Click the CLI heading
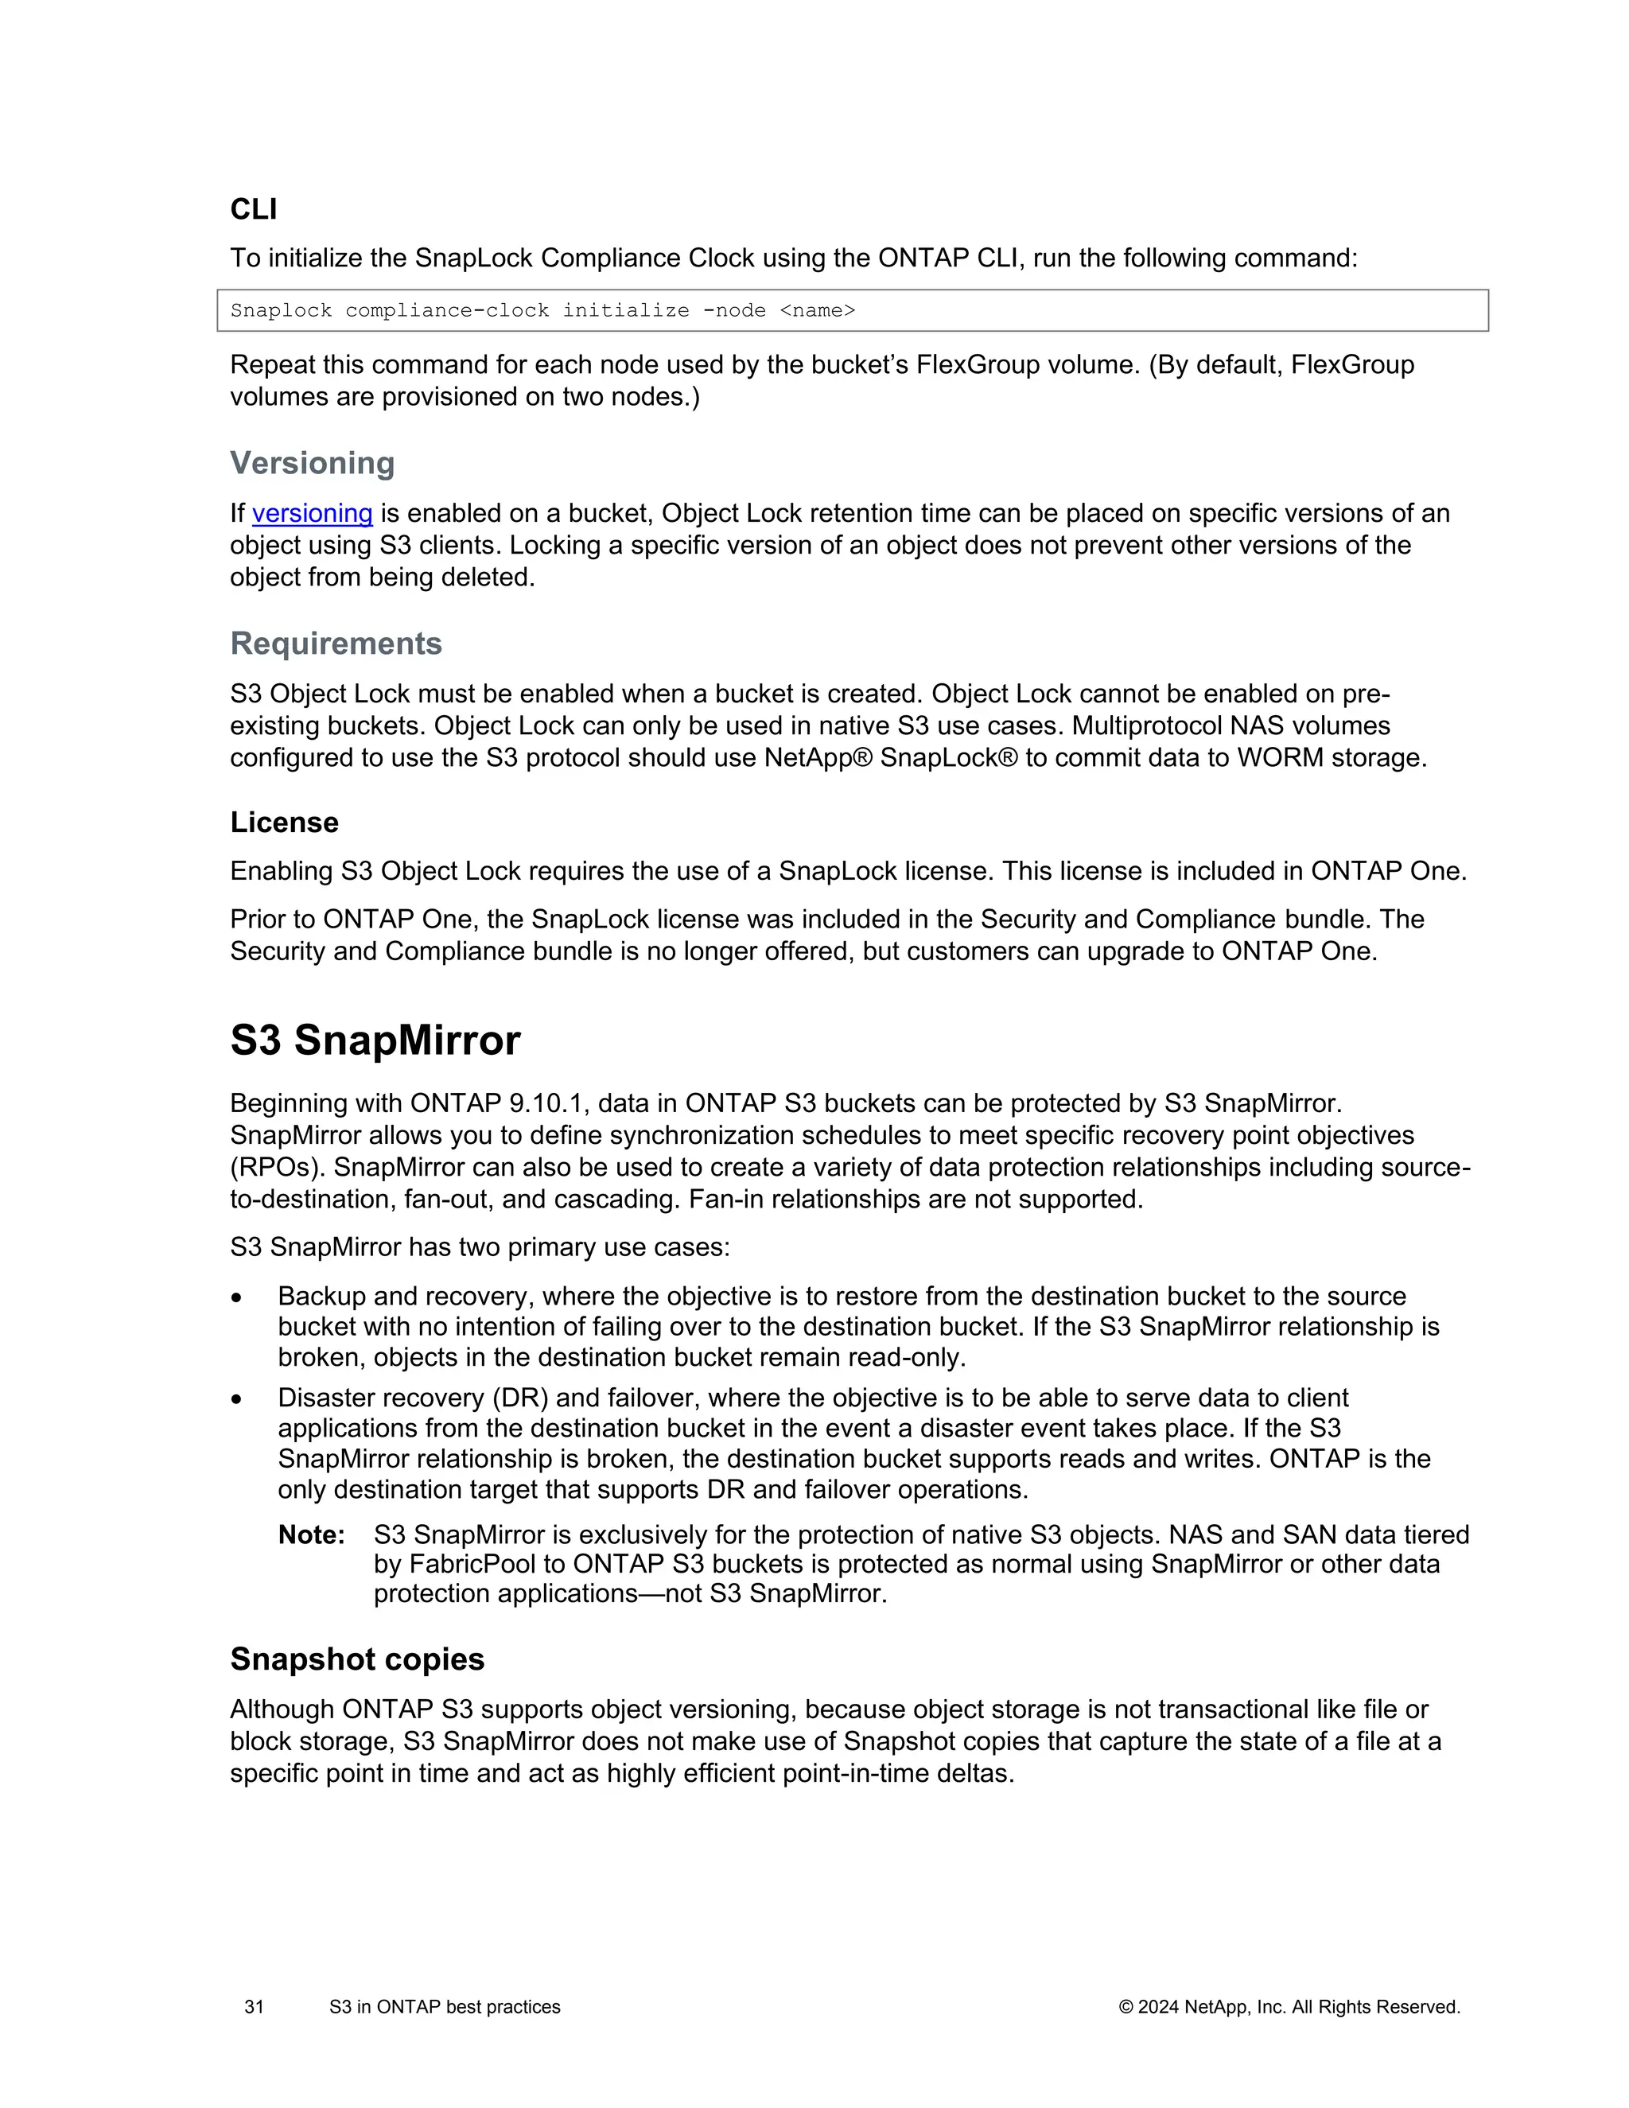click(x=253, y=209)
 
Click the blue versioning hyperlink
click(x=312, y=514)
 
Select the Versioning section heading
click(x=312, y=463)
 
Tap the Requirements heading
click(x=336, y=644)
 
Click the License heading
click(x=284, y=823)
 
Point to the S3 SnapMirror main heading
click(x=375, y=1040)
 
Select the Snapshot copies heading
click(x=357, y=1659)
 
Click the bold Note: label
click(x=311, y=1534)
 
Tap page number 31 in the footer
click(x=254, y=2007)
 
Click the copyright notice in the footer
click(x=1289, y=2007)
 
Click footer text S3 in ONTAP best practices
click(x=444, y=2007)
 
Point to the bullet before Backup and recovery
click(x=236, y=1298)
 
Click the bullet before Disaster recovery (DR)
click(x=236, y=1399)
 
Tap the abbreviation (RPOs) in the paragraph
click(x=274, y=1167)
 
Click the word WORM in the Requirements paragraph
click(x=1280, y=757)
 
